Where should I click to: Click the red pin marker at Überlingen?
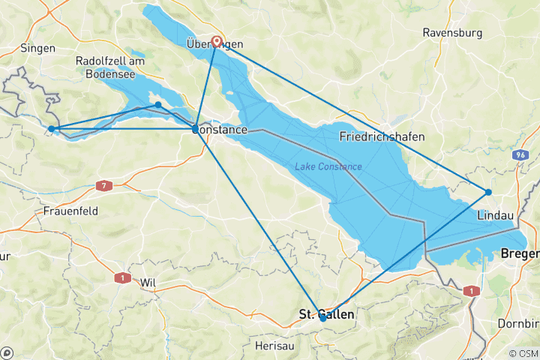pos(217,42)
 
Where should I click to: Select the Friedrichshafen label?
pos(382,137)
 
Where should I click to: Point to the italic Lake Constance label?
pos(328,166)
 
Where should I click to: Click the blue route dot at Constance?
pos(196,129)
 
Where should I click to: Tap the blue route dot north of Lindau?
pos(488,192)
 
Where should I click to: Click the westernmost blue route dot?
pos(51,129)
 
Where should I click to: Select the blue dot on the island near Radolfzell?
pos(158,104)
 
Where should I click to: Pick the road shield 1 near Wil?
pos(118,277)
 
